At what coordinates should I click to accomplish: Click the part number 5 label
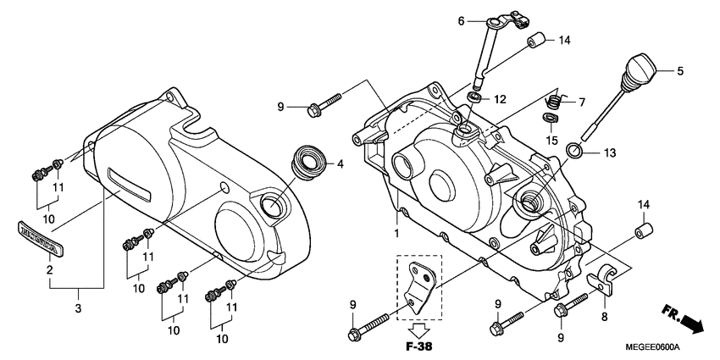(x=679, y=70)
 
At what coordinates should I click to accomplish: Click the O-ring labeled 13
(x=573, y=152)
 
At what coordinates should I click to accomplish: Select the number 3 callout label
(x=78, y=307)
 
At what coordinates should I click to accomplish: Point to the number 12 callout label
(x=500, y=100)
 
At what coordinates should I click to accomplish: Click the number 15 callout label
(x=551, y=140)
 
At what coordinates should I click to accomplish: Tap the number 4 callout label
(x=341, y=163)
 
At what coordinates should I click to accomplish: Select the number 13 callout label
(x=610, y=153)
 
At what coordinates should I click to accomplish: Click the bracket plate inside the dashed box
(x=418, y=285)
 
